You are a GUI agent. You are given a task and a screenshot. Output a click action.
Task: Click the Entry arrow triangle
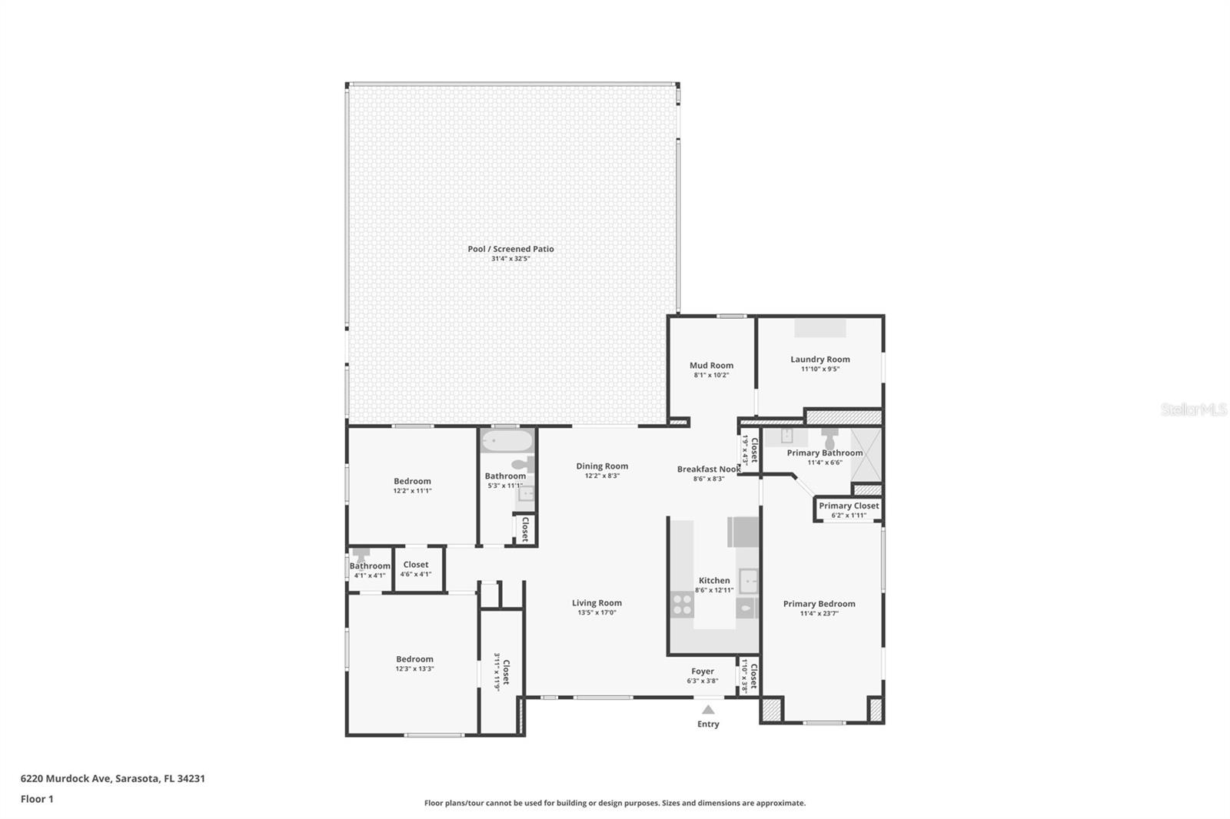[708, 709]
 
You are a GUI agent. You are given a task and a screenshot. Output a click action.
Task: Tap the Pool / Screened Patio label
[510, 249]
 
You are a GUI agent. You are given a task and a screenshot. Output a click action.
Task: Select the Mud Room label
[711, 365]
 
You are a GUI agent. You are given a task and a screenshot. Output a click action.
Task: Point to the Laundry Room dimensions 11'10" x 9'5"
[819, 369]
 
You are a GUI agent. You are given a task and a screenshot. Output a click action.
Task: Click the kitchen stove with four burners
[682, 605]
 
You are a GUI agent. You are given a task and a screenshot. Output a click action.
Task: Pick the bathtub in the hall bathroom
[507, 441]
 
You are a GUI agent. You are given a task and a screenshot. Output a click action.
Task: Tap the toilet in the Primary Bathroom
[829, 439]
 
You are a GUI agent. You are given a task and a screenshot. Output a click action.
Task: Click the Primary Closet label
[849, 506]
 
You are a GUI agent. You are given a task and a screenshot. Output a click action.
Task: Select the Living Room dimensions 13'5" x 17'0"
[597, 612]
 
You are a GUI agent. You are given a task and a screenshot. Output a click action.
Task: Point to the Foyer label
[703, 671]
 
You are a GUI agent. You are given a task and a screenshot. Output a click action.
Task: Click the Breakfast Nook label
[708, 469]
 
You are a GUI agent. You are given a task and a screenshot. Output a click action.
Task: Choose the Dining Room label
[602, 466]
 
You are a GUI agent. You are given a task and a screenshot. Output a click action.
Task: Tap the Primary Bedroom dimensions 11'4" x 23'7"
[819, 613]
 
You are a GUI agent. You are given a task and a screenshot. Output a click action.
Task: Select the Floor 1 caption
[37, 799]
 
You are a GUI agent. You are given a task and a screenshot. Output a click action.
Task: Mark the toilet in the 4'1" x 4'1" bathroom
[361, 555]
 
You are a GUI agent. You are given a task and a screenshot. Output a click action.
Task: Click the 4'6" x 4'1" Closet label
[416, 564]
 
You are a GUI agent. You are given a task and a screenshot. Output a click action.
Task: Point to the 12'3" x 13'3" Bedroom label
[414, 658]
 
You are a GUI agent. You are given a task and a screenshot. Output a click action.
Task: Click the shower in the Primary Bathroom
[866, 455]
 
